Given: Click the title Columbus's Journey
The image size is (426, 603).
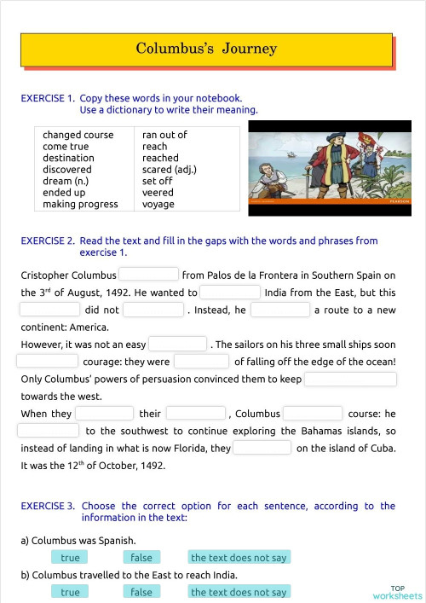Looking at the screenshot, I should tap(206, 49).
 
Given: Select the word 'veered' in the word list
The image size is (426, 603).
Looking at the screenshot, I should tap(158, 193).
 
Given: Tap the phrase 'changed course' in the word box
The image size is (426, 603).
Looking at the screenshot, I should tap(78, 135).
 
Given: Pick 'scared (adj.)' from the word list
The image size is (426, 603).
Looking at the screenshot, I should tap(169, 170).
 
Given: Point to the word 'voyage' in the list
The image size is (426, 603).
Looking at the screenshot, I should tap(158, 204).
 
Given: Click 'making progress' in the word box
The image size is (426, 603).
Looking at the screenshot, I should tap(80, 204).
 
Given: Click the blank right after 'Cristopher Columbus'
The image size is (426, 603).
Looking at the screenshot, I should tap(149, 275).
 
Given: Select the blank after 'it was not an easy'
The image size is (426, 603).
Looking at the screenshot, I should tap(178, 345).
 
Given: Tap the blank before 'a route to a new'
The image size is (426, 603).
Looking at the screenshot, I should tap(280, 310).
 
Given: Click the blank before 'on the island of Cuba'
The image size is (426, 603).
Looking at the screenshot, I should tap(262, 448).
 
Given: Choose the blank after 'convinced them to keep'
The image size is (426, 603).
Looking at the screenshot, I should tap(350, 379).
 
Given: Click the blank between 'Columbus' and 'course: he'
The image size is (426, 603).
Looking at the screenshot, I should tap(313, 414).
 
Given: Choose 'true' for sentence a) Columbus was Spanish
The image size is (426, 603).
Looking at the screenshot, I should tap(71, 558).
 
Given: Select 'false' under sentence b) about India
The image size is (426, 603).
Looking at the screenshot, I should tap(141, 592).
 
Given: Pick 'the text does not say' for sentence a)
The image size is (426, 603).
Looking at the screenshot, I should tap(239, 558).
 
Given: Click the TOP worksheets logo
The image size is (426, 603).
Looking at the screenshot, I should tap(397, 592).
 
